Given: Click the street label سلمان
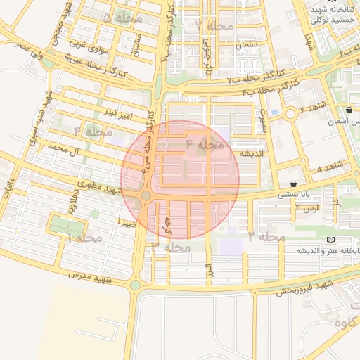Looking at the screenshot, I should tap(247, 44).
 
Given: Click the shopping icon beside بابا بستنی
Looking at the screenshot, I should tap(302, 184).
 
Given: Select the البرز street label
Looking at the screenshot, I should tap(208, 269).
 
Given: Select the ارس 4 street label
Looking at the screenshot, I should tap(308, 208).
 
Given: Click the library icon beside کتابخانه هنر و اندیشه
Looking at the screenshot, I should tap(331, 240).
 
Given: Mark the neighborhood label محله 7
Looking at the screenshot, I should tap(214, 25).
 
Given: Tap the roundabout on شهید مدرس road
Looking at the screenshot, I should tap(136, 285).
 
